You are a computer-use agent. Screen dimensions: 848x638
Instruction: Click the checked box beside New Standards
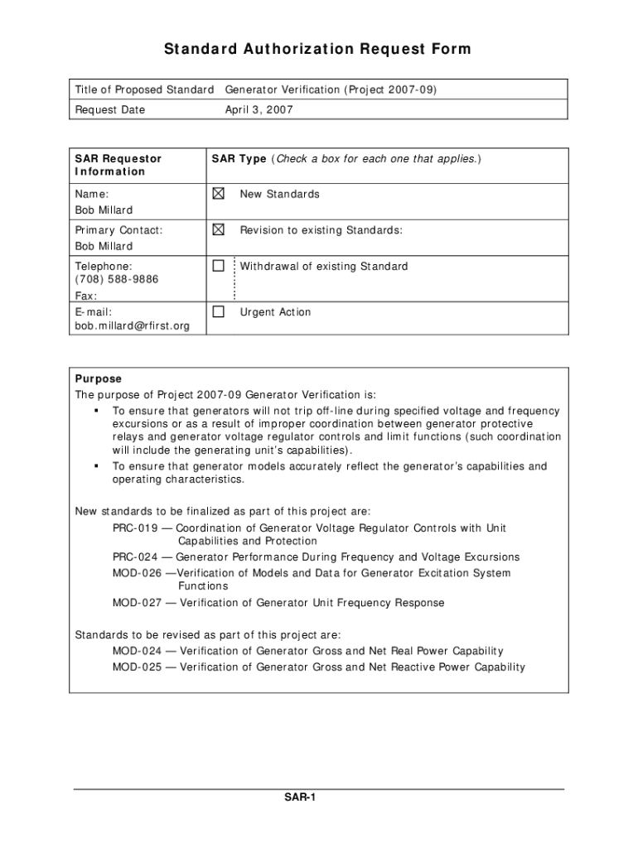[x=218, y=194]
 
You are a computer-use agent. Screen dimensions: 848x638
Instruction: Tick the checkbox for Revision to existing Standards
[x=218, y=229]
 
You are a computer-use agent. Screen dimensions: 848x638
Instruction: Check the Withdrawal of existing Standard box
[x=218, y=266]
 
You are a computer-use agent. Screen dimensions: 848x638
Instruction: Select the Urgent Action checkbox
[x=218, y=312]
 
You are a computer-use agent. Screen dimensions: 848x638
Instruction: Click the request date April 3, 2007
[x=259, y=109]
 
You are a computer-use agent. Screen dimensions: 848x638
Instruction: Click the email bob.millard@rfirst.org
[x=132, y=325]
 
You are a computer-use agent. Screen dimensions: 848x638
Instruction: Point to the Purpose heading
[x=98, y=378]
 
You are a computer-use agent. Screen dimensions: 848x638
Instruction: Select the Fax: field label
[x=86, y=296]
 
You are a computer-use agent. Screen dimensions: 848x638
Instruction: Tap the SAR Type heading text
[x=239, y=158]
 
